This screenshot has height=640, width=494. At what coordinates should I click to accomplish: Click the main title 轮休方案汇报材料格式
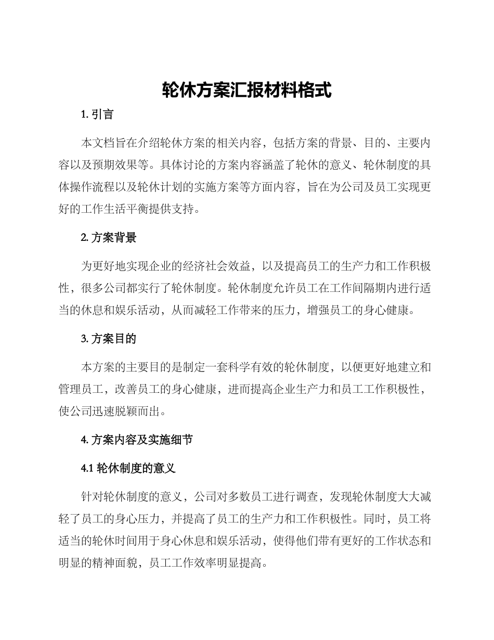(246, 91)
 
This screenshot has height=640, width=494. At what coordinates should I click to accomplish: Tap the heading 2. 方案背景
(109, 238)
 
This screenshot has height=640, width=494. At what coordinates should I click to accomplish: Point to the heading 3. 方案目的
(109, 339)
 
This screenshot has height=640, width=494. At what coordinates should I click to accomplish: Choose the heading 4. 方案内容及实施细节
(137, 440)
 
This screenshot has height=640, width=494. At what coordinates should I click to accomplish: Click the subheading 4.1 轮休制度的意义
(128, 468)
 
